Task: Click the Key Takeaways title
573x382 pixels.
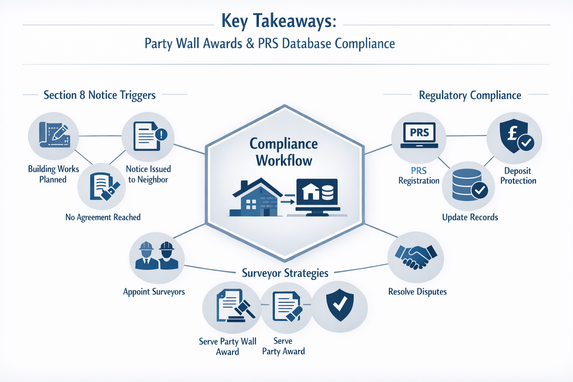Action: (x=279, y=21)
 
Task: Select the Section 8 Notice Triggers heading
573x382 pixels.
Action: (x=99, y=95)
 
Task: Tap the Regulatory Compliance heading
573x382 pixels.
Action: (x=470, y=95)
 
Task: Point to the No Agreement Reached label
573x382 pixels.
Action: (x=103, y=217)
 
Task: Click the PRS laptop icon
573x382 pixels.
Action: (x=419, y=135)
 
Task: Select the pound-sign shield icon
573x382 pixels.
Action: (x=515, y=136)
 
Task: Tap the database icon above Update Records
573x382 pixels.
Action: (x=468, y=185)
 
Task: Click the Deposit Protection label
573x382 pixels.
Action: (x=518, y=176)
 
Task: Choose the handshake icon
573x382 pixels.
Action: (x=416, y=257)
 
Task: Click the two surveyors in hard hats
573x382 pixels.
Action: (x=156, y=256)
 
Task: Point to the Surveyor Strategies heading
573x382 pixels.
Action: (x=285, y=273)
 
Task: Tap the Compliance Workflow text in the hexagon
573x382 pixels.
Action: (x=284, y=152)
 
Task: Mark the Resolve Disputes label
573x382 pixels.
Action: (x=417, y=292)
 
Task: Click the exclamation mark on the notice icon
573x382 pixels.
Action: (x=162, y=134)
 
